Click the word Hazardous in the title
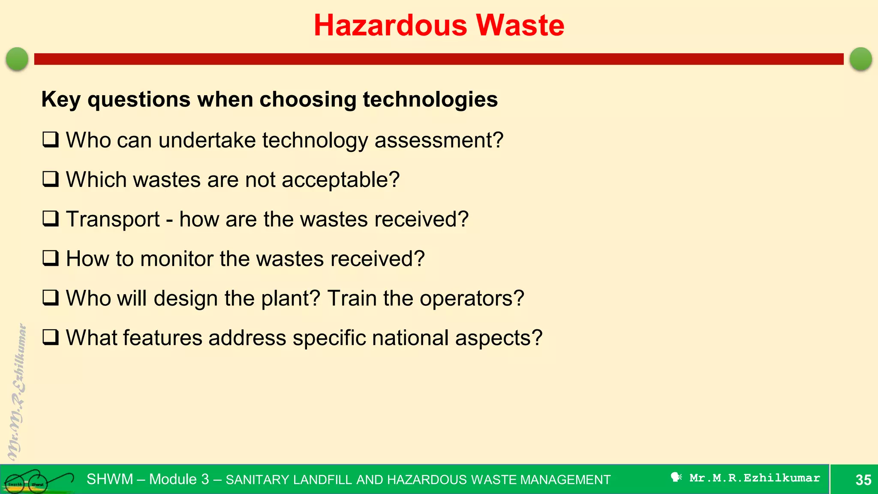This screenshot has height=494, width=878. [390, 25]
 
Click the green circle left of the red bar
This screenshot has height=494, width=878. [17, 59]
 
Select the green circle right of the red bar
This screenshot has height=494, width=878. [860, 59]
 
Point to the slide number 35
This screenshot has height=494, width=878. [863, 480]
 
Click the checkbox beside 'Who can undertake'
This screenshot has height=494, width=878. [51, 140]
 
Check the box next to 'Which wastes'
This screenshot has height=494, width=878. [51, 179]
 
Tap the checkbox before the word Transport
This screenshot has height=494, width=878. [51, 219]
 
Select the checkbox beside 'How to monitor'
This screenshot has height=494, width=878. [51, 258]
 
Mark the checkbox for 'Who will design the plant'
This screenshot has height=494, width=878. [51, 298]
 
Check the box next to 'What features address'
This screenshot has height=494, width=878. [51, 337]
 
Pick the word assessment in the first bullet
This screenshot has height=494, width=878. [438, 141]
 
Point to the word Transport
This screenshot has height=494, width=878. [113, 220]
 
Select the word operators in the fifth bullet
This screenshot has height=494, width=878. [471, 298]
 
